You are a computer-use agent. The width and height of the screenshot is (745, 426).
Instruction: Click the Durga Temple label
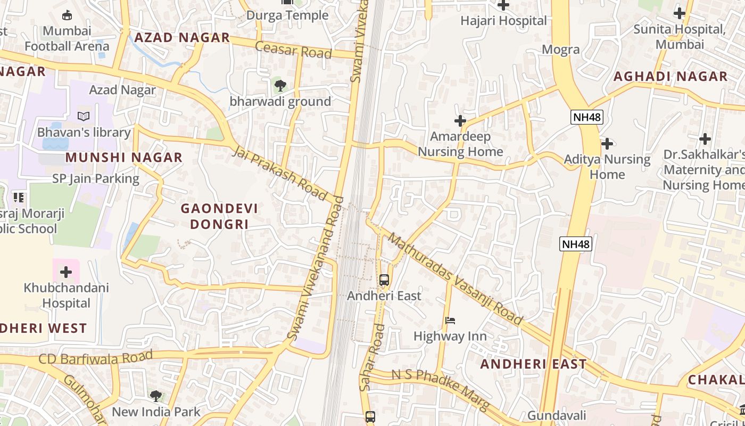click(287, 15)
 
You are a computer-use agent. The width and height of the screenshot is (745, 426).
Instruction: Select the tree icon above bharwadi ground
click(280, 85)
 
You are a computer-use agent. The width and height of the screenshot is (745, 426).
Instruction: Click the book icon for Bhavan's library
click(84, 116)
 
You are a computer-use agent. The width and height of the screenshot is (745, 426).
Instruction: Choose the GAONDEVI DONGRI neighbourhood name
click(219, 216)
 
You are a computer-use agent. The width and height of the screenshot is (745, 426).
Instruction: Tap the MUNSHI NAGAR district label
click(124, 158)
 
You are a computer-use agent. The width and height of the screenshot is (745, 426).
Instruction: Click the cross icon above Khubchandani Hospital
click(66, 273)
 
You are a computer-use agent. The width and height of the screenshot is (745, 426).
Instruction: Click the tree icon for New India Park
click(155, 396)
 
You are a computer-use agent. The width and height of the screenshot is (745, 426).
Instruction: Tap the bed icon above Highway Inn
click(450, 321)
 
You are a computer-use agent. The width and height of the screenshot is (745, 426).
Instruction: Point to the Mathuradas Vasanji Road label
click(455, 278)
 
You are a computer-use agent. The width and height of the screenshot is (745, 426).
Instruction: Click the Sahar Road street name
click(372, 357)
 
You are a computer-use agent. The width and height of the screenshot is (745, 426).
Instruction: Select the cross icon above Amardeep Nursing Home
click(460, 121)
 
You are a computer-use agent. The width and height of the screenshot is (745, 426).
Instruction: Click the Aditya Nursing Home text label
click(607, 167)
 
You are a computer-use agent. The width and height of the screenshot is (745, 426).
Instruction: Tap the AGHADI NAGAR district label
click(670, 77)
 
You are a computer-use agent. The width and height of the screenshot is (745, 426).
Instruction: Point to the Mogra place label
click(560, 50)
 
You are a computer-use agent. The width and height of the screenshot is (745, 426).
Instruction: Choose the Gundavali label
click(557, 415)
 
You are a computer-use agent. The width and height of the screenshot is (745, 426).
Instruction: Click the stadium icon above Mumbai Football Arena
click(67, 15)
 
